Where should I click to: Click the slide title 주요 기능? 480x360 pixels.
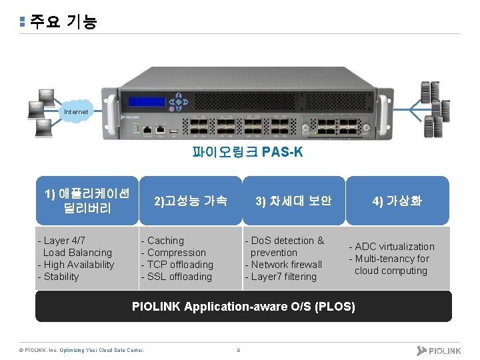coord(63,22)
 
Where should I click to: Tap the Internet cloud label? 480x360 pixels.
coord(75,112)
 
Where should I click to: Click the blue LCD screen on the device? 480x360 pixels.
coord(147,102)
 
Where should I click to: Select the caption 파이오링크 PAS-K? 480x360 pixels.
coord(247,153)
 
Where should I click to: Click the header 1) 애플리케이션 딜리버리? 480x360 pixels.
coord(87,201)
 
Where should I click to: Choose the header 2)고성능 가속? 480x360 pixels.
coord(190,201)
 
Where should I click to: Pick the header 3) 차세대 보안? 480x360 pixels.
coord(293,201)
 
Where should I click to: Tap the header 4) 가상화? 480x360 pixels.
coord(397,201)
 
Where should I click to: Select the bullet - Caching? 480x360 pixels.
coord(162,241)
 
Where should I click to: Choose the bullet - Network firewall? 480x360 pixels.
coord(283,265)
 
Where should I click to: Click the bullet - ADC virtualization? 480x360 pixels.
coord(391,247)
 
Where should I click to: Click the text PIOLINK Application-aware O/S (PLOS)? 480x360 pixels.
coord(243,307)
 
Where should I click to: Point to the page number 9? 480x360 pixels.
coord(238,350)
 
